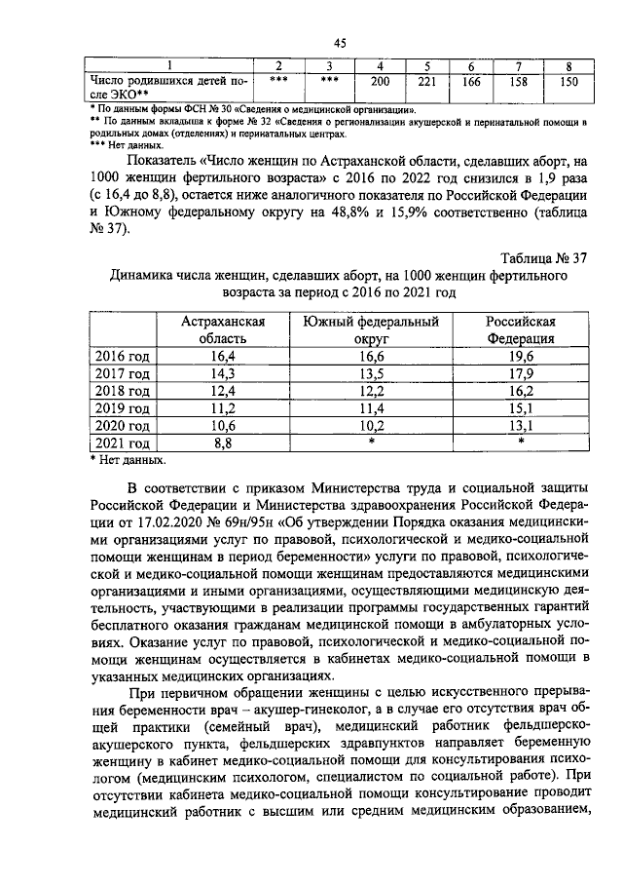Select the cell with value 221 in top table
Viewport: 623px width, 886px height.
coord(425,82)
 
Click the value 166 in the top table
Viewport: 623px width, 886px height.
coord(471,82)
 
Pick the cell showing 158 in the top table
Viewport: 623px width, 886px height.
coord(519,82)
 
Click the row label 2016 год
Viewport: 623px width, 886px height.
coord(121,356)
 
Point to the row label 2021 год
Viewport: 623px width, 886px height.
coord(121,443)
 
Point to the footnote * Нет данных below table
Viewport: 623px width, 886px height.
coord(128,459)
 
